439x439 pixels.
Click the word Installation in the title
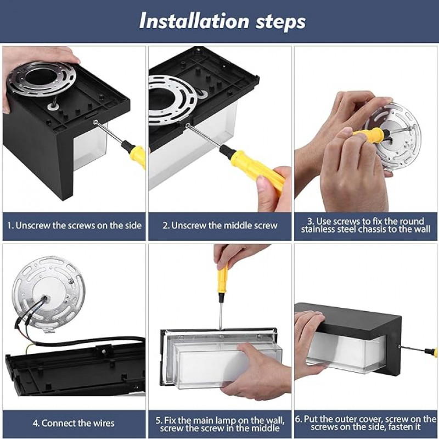[194, 21]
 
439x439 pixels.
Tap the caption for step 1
[74, 226]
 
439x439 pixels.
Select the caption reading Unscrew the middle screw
[220, 226]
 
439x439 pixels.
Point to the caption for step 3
[365, 226]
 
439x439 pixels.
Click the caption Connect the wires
[74, 423]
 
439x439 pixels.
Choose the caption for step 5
[220, 424]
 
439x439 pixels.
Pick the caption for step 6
[365, 423]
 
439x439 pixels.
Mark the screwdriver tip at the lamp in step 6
[399, 347]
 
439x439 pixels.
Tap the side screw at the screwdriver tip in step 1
[95, 122]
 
